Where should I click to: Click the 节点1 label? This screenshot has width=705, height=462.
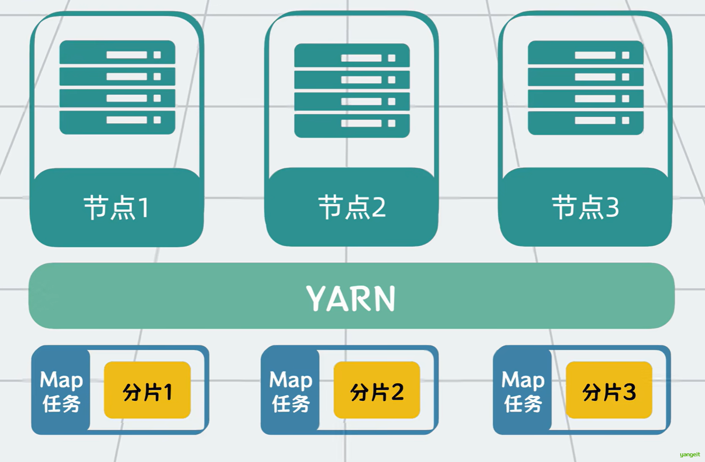117,207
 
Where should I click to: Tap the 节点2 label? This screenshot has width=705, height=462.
352,207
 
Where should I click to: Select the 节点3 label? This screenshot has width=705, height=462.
585,207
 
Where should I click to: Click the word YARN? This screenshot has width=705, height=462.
351,298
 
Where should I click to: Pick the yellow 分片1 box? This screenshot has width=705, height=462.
147,390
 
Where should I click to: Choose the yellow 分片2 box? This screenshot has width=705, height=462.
377,390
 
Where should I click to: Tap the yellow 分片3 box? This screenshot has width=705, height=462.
609,390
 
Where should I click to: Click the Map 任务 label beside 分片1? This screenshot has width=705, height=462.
61,391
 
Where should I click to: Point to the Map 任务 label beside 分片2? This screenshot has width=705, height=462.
291,391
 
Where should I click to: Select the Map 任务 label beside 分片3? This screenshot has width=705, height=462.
523,391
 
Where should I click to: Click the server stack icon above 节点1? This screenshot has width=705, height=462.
117,88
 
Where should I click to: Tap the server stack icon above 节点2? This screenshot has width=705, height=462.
352,90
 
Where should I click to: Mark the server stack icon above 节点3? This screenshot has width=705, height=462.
585,88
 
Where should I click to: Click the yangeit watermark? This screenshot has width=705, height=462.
689,455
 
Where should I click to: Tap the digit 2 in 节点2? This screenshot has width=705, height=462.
379,207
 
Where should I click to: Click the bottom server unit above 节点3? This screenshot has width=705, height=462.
585,121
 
